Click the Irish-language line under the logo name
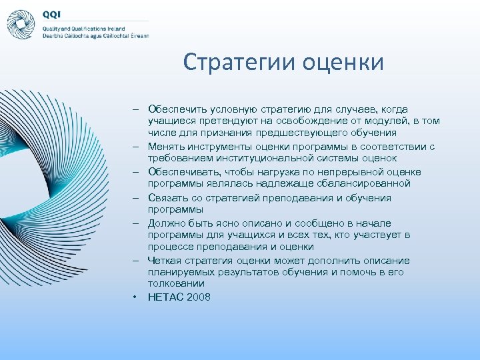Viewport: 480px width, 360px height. pyautogui.click(x=95, y=36)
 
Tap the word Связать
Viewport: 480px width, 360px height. pyautogui.click(x=168, y=198)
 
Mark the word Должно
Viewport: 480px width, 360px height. pyautogui.click(x=168, y=223)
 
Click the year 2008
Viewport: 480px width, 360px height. pyautogui.click(x=199, y=297)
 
